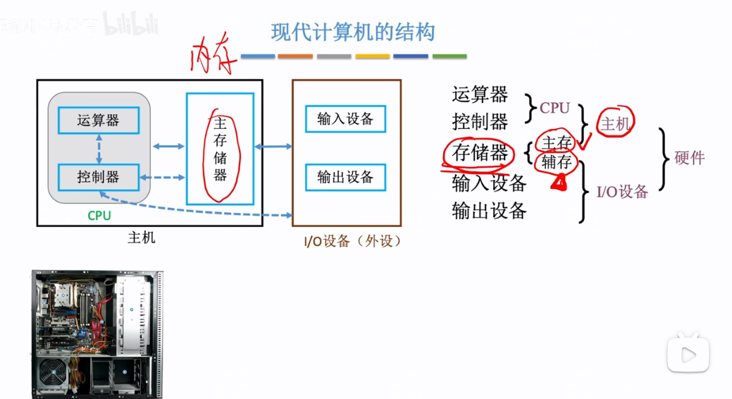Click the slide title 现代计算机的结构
(352, 32)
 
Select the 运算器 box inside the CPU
(99, 121)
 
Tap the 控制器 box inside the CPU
(99, 176)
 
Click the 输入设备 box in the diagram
(345, 118)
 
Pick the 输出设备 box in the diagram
(345, 176)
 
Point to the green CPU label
(99, 216)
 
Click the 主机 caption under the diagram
(141, 238)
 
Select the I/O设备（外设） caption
(353, 241)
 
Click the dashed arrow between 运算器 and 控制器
(99, 149)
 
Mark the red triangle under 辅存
(559, 183)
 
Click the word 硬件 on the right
(689, 158)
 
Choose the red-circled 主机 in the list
(615, 124)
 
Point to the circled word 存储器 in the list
(480, 152)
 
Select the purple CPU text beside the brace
(554, 108)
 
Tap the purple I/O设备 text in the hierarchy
(622, 191)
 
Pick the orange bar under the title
(295, 56)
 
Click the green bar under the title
(449, 56)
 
